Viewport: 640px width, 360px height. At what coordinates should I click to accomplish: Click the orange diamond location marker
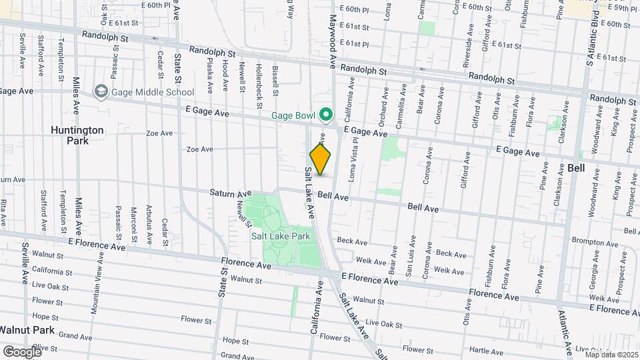coord(321,159)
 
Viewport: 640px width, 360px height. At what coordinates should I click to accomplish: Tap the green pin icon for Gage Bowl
coord(326,115)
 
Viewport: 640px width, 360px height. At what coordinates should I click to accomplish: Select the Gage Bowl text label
coord(293,115)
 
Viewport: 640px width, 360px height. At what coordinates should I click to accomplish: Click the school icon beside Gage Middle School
coord(101,92)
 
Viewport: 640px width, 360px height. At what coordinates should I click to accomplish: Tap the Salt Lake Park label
coord(281,236)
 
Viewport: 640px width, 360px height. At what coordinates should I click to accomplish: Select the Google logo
coord(21,351)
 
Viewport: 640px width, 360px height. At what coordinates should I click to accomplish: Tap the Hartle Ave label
coord(485,349)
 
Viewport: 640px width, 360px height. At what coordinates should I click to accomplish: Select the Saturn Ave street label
coord(226,193)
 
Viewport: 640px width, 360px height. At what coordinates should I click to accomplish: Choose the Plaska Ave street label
coord(209,76)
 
